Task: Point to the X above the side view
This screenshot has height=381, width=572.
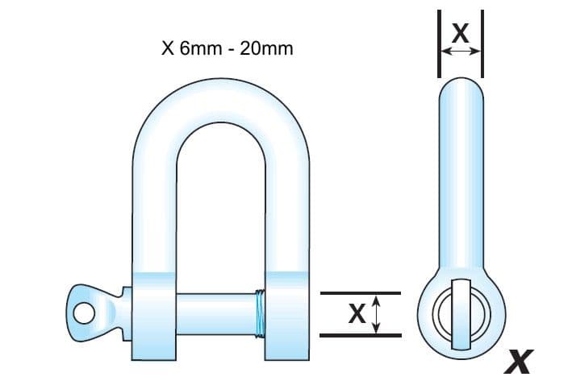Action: tap(460, 32)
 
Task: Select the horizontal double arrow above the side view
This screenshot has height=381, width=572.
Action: tap(460, 51)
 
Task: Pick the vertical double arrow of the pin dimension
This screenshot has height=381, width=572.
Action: tap(376, 314)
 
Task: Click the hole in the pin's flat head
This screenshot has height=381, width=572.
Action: tap(81, 309)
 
